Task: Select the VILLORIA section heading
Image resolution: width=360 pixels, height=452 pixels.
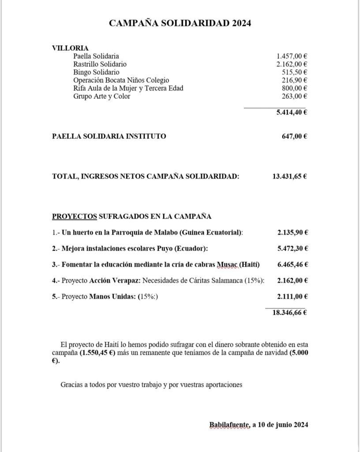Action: pyautogui.click(x=70, y=48)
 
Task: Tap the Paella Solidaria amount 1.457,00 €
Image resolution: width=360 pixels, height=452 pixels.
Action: pyautogui.click(x=292, y=56)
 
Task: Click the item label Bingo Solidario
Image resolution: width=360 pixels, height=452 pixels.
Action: pyautogui.click(x=96, y=72)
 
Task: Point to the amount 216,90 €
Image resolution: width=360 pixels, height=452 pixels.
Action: pyautogui.click(x=294, y=80)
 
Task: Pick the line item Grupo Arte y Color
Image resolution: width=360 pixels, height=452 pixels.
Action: pyautogui.click(x=101, y=96)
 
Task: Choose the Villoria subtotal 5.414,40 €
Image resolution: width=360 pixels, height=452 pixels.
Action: pyautogui.click(x=292, y=112)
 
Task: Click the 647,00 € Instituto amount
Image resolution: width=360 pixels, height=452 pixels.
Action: pyautogui.click(x=294, y=136)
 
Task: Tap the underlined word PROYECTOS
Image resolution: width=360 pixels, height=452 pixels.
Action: pyautogui.click(x=75, y=216)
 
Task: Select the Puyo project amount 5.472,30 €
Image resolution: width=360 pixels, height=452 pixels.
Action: pyautogui.click(x=292, y=249)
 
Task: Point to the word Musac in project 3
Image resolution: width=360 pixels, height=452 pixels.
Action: pyautogui.click(x=228, y=264)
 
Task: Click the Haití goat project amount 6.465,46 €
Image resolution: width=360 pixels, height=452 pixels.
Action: pyautogui.click(x=292, y=264)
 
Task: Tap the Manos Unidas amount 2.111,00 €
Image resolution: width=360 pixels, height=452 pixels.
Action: pyautogui.click(x=292, y=297)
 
